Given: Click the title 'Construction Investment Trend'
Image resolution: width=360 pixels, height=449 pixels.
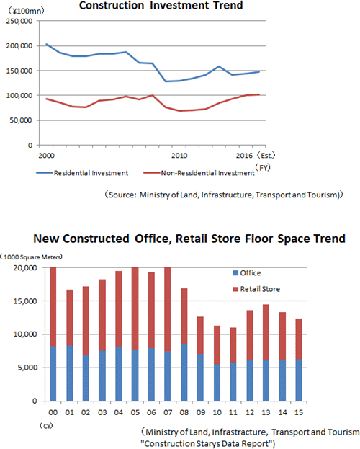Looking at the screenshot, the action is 161,5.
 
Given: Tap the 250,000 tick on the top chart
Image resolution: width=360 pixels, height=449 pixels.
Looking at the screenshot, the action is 19,21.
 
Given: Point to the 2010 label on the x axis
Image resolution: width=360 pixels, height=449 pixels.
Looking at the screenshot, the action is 179,156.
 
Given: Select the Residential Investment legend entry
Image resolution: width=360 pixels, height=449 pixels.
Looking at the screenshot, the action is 82,173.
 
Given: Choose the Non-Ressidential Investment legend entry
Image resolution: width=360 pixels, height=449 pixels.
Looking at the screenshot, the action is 199,173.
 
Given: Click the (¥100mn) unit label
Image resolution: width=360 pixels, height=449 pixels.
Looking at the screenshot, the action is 25,11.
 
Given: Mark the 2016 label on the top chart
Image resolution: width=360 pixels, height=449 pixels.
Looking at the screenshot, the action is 244,156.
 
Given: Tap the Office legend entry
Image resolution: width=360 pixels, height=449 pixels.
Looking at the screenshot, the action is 247,273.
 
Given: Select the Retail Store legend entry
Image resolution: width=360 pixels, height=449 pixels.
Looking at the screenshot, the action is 257,289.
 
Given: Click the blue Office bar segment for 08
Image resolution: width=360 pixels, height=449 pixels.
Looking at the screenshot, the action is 184,372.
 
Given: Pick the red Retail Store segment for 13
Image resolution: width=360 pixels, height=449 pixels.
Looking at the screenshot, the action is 266,332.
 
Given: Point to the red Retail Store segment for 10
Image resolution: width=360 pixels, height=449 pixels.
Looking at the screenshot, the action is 217,344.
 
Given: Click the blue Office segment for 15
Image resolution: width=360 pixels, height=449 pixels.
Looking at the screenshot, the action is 299,380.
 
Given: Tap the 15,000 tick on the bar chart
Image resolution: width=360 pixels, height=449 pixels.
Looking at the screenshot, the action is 25,301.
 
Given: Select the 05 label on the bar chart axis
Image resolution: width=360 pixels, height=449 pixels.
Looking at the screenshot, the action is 135,412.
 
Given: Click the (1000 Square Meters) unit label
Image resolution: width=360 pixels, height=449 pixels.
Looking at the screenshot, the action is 32,257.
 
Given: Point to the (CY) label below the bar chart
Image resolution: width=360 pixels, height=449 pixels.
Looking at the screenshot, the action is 46,426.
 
